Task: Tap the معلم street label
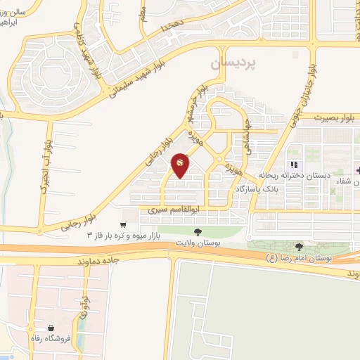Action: coord(146,13)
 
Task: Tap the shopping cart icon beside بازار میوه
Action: coord(124,225)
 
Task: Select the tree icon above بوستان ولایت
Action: coord(198,231)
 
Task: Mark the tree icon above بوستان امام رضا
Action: coord(300,247)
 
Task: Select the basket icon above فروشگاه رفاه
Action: coord(51,328)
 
